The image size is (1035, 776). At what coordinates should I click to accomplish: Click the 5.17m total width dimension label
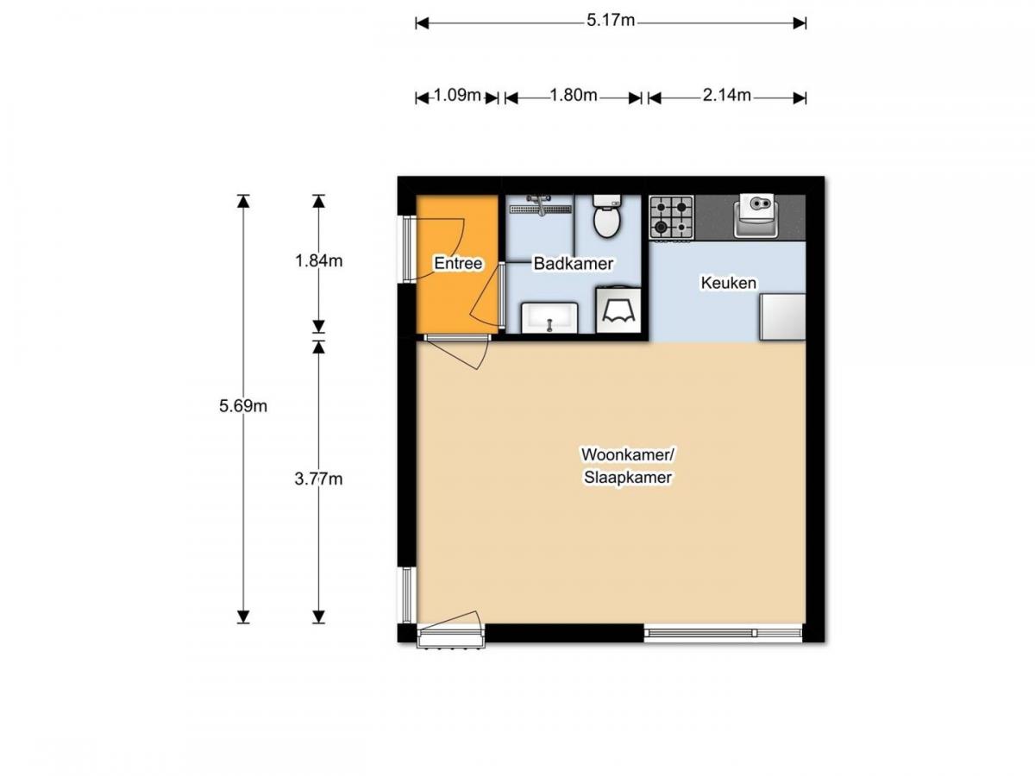610,22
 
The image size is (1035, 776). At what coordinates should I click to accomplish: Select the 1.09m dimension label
456,96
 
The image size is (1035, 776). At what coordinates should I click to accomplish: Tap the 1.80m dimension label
574,96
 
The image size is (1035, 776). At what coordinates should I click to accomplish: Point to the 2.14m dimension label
726,96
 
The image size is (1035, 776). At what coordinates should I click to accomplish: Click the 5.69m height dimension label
243,406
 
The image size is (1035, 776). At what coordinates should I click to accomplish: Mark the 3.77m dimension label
318,479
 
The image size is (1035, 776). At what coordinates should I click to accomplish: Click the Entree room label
457,264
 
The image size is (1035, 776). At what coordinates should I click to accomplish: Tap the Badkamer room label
573,264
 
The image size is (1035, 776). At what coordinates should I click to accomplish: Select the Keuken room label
728,283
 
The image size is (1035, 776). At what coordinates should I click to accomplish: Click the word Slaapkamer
625,477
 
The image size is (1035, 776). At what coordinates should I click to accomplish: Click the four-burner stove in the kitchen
671,217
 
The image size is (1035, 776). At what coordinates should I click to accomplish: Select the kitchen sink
757,214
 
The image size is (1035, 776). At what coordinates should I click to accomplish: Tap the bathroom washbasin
549,317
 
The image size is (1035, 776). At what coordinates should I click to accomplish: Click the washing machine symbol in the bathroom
618,310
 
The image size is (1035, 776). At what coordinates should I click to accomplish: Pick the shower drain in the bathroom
540,208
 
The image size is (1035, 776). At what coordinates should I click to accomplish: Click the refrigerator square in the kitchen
781,316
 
